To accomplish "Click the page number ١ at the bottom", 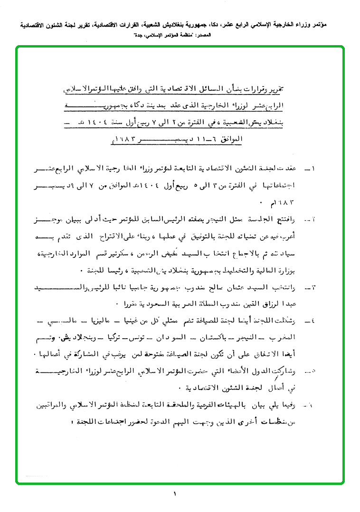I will pos(175,495).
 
